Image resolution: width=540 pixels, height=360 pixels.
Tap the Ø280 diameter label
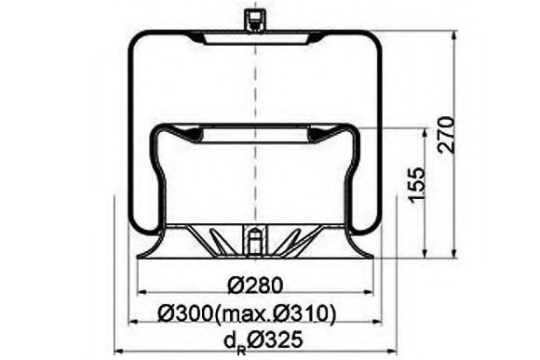point(253,285)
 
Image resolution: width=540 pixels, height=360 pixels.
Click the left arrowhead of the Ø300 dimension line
point(131,322)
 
